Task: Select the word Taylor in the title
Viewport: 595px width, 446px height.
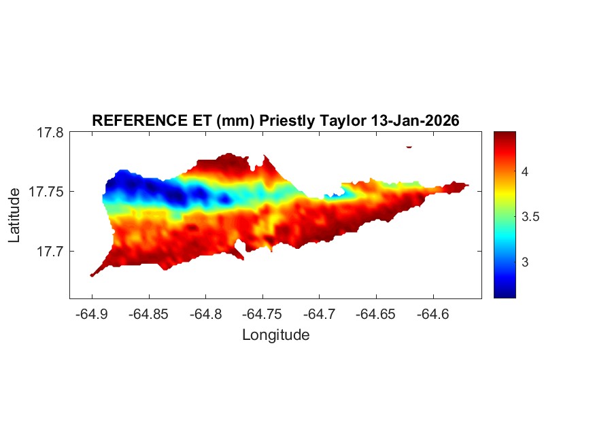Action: (x=343, y=121)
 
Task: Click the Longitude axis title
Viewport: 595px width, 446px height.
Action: (x=275, y=334)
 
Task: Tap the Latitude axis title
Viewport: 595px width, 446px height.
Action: (x=14, y=216)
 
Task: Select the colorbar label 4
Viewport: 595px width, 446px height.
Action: (x=526, y=172)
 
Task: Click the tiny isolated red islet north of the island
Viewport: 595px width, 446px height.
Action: (x=409, y=146)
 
